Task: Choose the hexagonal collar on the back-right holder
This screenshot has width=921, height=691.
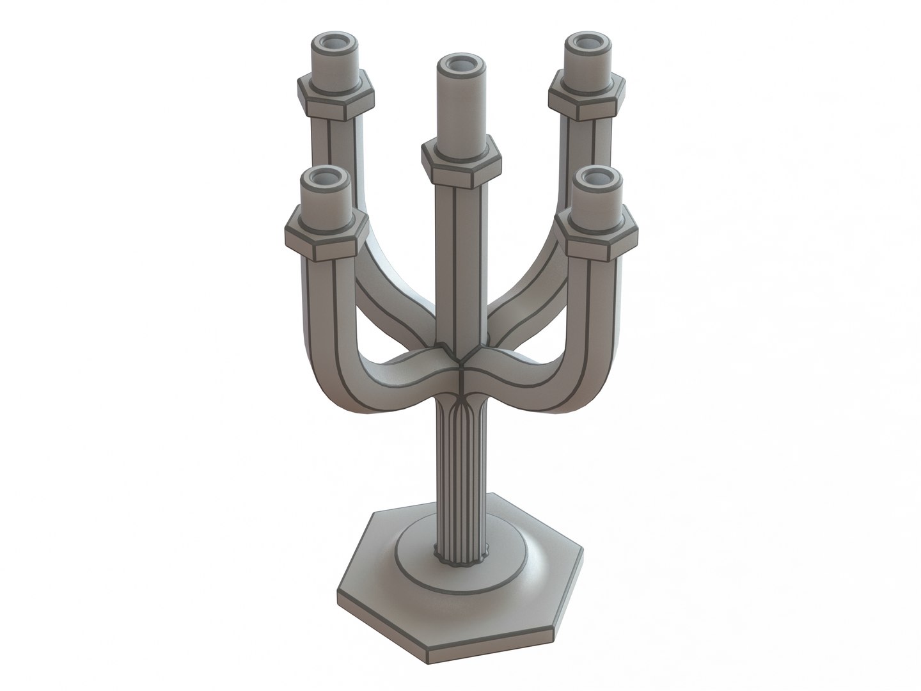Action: coord(585,97)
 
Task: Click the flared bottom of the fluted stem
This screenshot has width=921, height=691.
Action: coord(459,555)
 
